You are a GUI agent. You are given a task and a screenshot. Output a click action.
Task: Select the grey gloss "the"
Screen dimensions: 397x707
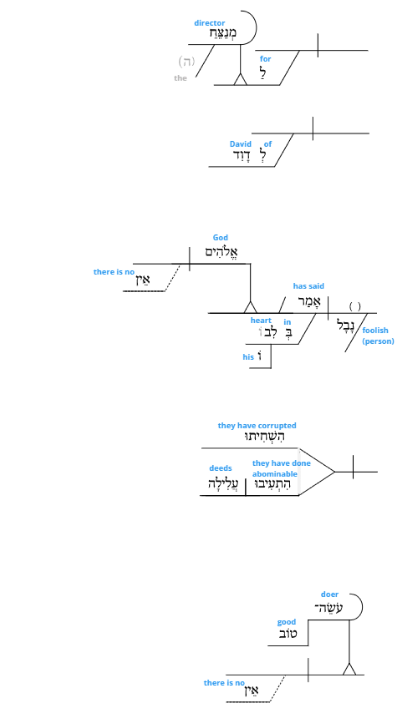coord(180,78)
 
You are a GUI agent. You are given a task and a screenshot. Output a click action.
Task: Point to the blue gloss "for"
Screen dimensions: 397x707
coord(265,59)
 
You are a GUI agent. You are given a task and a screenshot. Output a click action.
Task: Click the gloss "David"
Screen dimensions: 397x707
coord(240,144)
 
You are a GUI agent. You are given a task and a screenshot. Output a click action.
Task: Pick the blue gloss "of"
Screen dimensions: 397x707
coord(268,144)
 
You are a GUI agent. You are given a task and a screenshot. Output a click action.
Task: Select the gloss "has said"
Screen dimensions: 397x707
coord(309,286)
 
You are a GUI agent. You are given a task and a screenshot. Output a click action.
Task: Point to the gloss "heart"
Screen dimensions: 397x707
coord(261,320)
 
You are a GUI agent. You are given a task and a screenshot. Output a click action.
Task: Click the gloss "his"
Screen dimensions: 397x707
coord(248,357)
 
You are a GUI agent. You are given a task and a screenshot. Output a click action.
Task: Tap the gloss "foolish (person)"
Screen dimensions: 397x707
coord(378,336)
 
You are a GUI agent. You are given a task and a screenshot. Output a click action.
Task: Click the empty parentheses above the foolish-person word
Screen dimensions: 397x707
coord(355,306)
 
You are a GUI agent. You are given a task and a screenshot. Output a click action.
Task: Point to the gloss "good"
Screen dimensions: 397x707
coord(287,622)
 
